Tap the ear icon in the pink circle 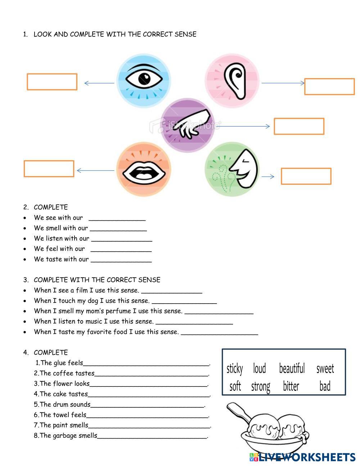pos(235,81)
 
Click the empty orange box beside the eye pos(52,82)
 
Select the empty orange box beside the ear pos(329,86)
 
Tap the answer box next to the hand pos(299,126)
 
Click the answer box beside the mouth pos(49,169)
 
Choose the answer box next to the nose pos(306,176)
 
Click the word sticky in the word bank pos(235,368)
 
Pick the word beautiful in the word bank pos(292,368)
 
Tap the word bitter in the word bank pos(291,386)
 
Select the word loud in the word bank pos(259,368)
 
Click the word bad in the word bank pos(325,386)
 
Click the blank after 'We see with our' pos(117,218)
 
